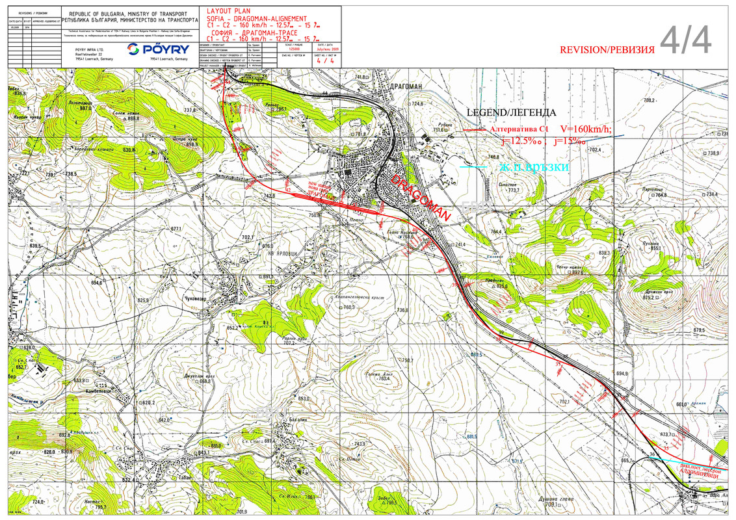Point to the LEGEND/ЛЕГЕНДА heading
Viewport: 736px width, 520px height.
(x=512, y=112)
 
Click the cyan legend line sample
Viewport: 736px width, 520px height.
(x=473, y=168)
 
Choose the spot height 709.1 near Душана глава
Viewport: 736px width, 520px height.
(x=552, y=505)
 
